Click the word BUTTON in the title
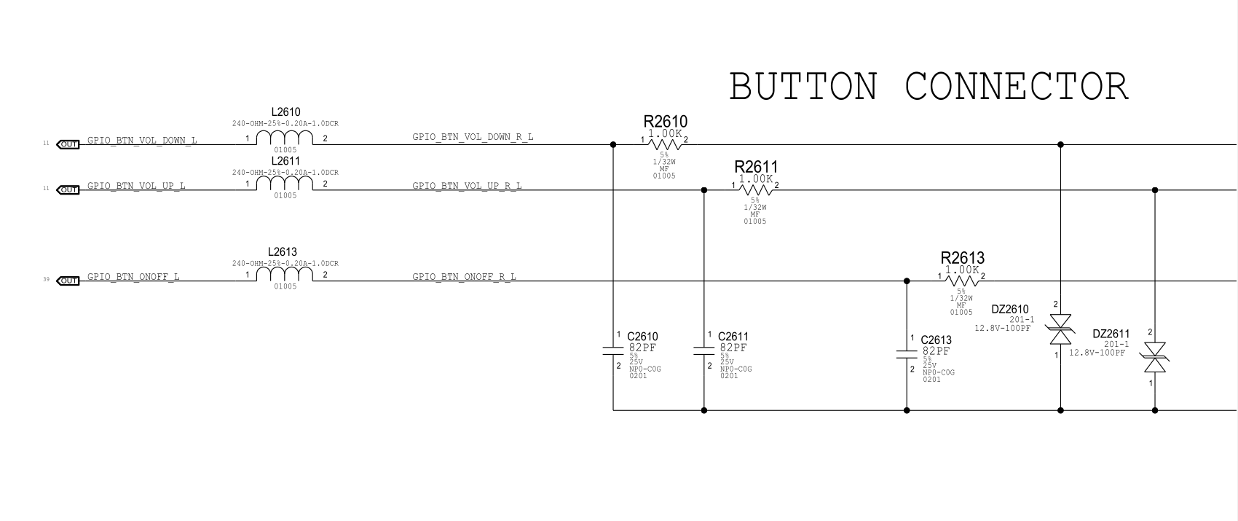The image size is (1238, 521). (803, 87)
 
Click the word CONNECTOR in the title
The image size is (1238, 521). (1017, 87)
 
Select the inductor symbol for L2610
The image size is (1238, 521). (285, 138)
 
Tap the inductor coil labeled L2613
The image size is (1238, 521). (285, 275)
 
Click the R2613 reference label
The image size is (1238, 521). (962, 258)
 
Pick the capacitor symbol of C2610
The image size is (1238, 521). (613, 352)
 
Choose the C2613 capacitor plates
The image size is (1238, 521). (907, 355)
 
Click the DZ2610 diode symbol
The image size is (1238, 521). (1060, 329)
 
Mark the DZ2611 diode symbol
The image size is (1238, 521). (1154, 357)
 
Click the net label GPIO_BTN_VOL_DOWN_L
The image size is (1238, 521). (142, 140)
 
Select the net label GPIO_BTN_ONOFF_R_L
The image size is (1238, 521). (464, 277)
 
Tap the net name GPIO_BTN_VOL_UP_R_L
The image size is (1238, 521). (467, 186)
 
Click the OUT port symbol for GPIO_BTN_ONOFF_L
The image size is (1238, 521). (68, 281)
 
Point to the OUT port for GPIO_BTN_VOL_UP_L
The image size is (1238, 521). (68, 189)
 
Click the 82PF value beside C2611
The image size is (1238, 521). (733, 348)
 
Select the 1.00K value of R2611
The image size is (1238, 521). (755, 179)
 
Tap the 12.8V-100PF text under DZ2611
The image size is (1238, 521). (1097, 353)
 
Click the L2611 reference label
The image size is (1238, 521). (285, 161)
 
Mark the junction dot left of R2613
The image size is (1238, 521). (907, 281)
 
